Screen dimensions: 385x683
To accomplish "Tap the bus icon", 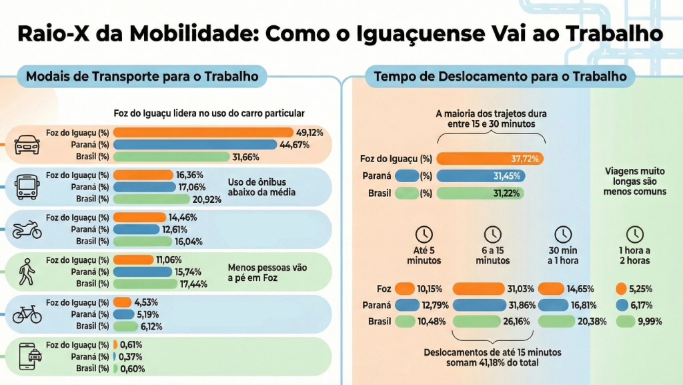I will click(27, 185).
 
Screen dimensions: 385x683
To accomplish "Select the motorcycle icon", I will click(27, 231).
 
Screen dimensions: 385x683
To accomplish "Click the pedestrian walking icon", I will click(27, 272).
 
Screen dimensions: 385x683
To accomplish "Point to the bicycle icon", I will click(27, 314).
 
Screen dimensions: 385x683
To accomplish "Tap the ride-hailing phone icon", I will click(27, 356).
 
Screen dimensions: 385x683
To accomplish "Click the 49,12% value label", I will click(309, 133).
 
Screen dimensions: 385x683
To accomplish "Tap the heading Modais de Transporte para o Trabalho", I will click(141, 77).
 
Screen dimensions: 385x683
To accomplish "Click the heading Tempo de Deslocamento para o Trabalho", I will click(500, 77).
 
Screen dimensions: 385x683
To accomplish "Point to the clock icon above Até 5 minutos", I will click(424, 234).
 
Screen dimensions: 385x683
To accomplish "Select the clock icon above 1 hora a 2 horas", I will click(635, 234).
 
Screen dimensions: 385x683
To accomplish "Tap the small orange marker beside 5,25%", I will click(622, 289).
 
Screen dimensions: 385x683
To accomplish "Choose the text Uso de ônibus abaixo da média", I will click(261, 187).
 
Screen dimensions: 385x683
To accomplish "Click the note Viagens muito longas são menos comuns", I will click(635, 181).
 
